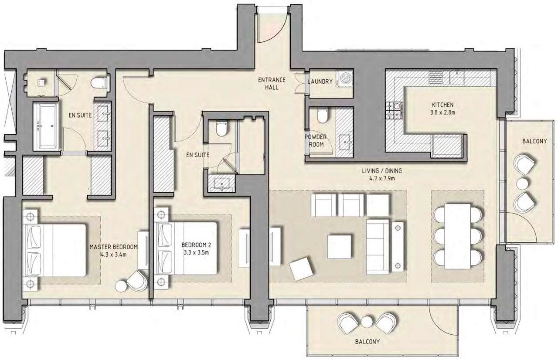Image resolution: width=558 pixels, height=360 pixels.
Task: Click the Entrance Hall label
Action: (x=272, y=84)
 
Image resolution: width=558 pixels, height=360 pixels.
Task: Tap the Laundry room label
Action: (x=320, y=82)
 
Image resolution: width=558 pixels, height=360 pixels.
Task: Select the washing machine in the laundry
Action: (x=344, y=79)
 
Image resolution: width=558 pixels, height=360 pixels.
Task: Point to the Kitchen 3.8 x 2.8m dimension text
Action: (x=442, y=112)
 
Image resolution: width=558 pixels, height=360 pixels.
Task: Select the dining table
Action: (x=457, y=236)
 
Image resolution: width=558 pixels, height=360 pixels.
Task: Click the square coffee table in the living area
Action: (x=340, y=247)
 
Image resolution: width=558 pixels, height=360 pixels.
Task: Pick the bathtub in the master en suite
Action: (x=46, y=126)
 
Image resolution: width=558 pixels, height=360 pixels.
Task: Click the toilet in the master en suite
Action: (x=100, y=83)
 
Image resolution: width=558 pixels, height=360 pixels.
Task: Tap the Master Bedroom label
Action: (x=113, y=247)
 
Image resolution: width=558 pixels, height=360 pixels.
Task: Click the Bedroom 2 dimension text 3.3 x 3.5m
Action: (x=196, y=253)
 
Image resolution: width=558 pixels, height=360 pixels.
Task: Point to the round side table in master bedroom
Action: (x=121, y=286)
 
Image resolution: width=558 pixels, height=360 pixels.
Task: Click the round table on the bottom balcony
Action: (x=367, y=322)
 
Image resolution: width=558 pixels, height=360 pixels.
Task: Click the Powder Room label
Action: (x=316, y=141)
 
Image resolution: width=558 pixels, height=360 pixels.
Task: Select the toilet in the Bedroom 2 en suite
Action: (x=221, y=129)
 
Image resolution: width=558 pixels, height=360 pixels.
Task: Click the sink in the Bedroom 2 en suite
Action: (x=221, y=183)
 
